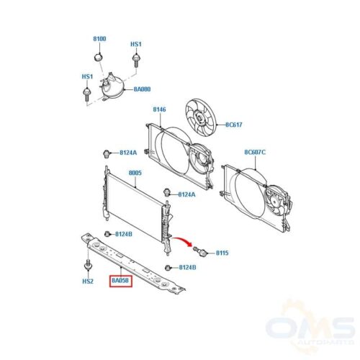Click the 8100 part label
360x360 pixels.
click(x=99, y=39)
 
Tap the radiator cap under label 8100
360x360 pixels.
click(x=98, y=57)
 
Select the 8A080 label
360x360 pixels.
click(x=142, y=89)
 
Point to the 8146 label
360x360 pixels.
click(x=159, y=109)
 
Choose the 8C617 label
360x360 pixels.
click(x=234, y=125)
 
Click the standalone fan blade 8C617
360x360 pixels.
click(x=201, y=117)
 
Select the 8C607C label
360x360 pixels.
click(x=255, y=152)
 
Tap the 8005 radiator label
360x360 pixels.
click(x=135, y=173)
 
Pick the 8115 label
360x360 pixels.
click(x=222, y=253)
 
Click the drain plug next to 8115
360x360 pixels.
click(x=199, y=251)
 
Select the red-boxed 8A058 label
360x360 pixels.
click(x=121, y=281)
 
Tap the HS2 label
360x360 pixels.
click(x=88, y=281)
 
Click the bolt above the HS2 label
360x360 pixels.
click(x=88, y=264)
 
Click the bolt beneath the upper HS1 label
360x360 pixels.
click(x=136, y=60)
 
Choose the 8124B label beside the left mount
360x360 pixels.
click(x=124, y=234)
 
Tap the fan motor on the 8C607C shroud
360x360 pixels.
click(x=278, y=201)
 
